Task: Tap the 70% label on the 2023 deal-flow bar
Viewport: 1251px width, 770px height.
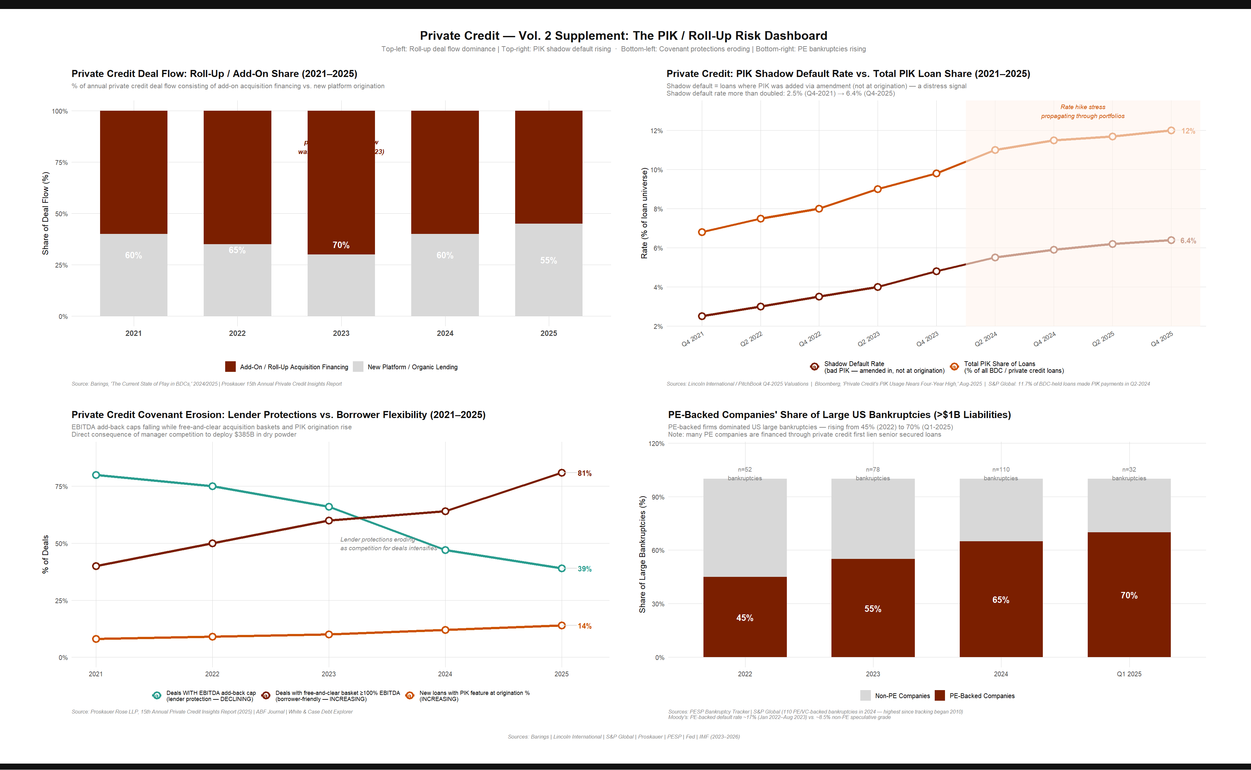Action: click(341, 245)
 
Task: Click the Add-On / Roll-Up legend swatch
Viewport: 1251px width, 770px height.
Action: click(230, 367)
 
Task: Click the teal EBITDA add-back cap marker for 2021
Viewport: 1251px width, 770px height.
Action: click(96, 475)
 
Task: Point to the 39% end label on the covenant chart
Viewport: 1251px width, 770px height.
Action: click(584, 569)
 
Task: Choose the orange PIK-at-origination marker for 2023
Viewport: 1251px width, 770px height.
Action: click(328, 635)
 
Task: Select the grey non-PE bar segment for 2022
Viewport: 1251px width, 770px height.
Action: click(745, 527)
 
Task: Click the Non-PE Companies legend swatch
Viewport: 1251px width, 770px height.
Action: click(865, 696)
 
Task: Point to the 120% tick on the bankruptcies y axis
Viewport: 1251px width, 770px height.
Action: click(656, 444)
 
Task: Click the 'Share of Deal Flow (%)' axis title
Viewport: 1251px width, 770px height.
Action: click(45, 213)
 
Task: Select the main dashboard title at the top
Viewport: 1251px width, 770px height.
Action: click(623, 36)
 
